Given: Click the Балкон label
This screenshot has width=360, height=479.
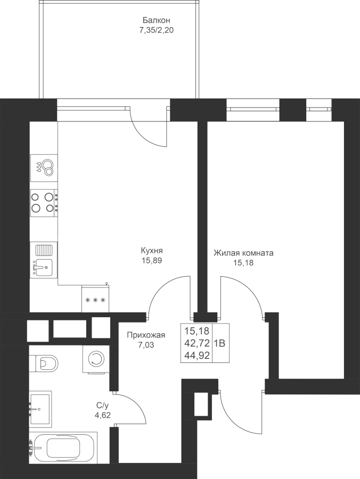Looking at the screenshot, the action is [x=156, y=20].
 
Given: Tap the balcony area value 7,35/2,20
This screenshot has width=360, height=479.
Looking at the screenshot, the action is [x=156, y=30].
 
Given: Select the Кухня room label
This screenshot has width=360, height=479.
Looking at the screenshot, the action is [x=152, y=251].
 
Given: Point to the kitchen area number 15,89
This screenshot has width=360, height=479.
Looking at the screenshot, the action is [x=152, y=261].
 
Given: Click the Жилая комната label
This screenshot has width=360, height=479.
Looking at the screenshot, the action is [x=243, y=253].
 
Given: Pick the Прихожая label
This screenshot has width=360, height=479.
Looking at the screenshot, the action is [x=146, y=335].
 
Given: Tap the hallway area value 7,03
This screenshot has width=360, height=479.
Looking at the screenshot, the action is [x=146, y=345].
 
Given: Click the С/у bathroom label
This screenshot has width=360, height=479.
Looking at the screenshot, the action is [x=102, y=406].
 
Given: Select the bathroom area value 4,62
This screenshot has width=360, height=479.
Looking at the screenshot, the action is [x=102, y=415].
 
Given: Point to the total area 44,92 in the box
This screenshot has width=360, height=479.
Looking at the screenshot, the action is [x=197, y=356].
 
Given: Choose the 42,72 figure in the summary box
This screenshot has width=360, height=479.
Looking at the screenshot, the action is [x=197, y=343].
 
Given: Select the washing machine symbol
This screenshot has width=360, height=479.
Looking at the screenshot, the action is [x=96, y=359].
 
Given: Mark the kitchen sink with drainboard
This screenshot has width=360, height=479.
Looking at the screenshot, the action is [x=44, y=260].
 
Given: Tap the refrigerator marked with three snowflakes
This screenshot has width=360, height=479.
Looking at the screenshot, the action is [x=95, y=299].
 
